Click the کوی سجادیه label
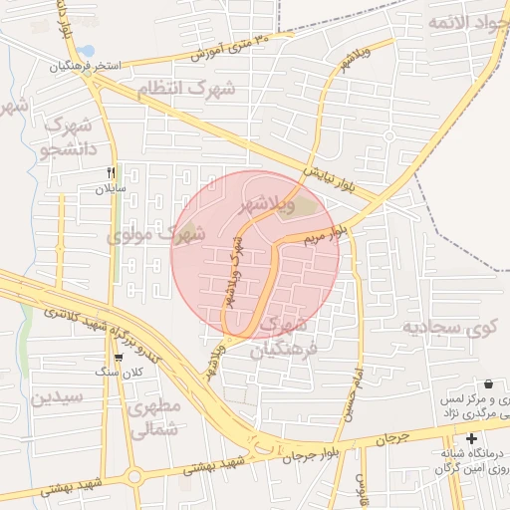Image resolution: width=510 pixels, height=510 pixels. pos(448,327)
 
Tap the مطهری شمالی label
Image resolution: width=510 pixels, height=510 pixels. pos(155,417)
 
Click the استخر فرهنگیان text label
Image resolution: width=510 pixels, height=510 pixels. pos(87,66)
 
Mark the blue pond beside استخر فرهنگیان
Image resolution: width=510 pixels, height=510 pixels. pos(87,50)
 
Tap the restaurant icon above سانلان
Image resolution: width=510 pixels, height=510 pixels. pos(112,171)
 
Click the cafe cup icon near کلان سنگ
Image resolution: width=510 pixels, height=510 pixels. pos(120,357)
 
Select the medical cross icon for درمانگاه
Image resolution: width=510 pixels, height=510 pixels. pos(471,438)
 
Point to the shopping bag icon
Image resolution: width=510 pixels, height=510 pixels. pos(488,383)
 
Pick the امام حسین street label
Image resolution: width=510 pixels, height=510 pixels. pos(351,393)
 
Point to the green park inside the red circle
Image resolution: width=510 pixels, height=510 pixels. pos(305,207)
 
